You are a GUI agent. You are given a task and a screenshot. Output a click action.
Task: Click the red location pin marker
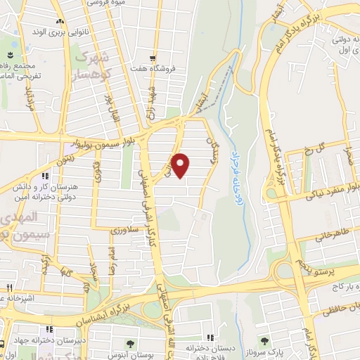click(x=181, y=165)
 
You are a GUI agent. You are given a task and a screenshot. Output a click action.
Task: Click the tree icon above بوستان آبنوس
click(x=131, y=343)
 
